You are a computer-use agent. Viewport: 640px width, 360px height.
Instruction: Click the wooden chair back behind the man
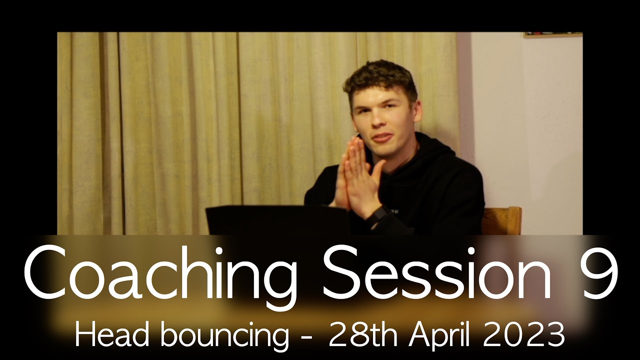pos(502,220)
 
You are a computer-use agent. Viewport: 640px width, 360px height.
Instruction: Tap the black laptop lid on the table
pos(277,220)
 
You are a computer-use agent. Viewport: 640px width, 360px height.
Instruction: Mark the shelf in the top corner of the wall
pos(553,35)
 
